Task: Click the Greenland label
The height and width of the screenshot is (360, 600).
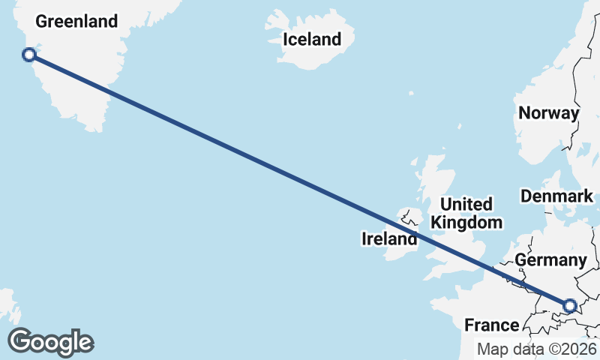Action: pos(76,21)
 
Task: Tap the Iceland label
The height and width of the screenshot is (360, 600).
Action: pos(312,39)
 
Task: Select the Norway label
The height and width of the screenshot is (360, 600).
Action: pos(550,113)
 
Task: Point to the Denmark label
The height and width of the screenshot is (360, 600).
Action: pos(557,196)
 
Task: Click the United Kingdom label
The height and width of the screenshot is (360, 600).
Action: pos(466,213)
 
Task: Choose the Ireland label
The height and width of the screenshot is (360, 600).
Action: pos(389,240)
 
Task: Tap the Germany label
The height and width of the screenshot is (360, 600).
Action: pos(550,260)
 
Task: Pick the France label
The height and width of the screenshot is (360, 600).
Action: pos(492,325)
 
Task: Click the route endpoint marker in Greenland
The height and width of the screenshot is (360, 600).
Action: pos(29,55)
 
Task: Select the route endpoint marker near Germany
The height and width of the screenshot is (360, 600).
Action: pos(569,305)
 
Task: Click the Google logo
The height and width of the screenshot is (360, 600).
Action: pos(51,342)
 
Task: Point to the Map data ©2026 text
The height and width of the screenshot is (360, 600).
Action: pos(537,349)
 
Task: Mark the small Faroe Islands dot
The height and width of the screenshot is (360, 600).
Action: pos(411,94)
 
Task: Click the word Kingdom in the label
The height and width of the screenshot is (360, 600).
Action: pos(466,222)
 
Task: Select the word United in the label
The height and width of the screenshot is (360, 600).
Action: pos(466,204)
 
